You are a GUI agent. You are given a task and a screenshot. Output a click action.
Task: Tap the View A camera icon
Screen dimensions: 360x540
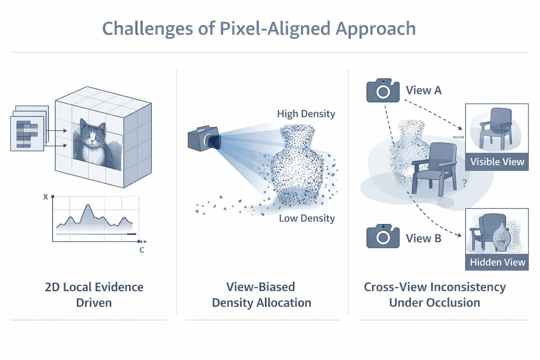[383, 91]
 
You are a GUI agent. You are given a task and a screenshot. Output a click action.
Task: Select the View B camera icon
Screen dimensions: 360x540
[383, 236]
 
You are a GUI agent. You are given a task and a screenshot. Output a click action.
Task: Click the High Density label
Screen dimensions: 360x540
[306, 114]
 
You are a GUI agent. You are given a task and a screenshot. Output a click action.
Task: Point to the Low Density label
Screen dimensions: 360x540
[307, 218]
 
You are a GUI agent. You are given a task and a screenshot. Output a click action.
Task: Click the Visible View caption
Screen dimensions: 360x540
[497, 162]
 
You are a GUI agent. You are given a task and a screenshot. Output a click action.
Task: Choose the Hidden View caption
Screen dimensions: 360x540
[497, 262]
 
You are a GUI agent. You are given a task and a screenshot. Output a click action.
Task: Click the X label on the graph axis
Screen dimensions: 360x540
[45, 197]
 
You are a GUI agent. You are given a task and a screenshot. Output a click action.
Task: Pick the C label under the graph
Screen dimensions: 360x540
[142, 250]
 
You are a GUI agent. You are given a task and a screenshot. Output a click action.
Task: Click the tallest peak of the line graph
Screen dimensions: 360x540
[88, 205]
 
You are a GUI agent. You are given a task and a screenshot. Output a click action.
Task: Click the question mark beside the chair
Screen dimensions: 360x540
[464, 183]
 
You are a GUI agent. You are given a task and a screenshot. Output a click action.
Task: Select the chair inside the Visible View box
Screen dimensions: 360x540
[496, 128]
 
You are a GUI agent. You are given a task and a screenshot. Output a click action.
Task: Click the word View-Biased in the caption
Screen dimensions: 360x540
[261, 287]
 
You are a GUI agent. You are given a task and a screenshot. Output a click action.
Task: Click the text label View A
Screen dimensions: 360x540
[424, 91]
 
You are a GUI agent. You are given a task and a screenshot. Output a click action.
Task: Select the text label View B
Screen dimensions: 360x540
[424, 238]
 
